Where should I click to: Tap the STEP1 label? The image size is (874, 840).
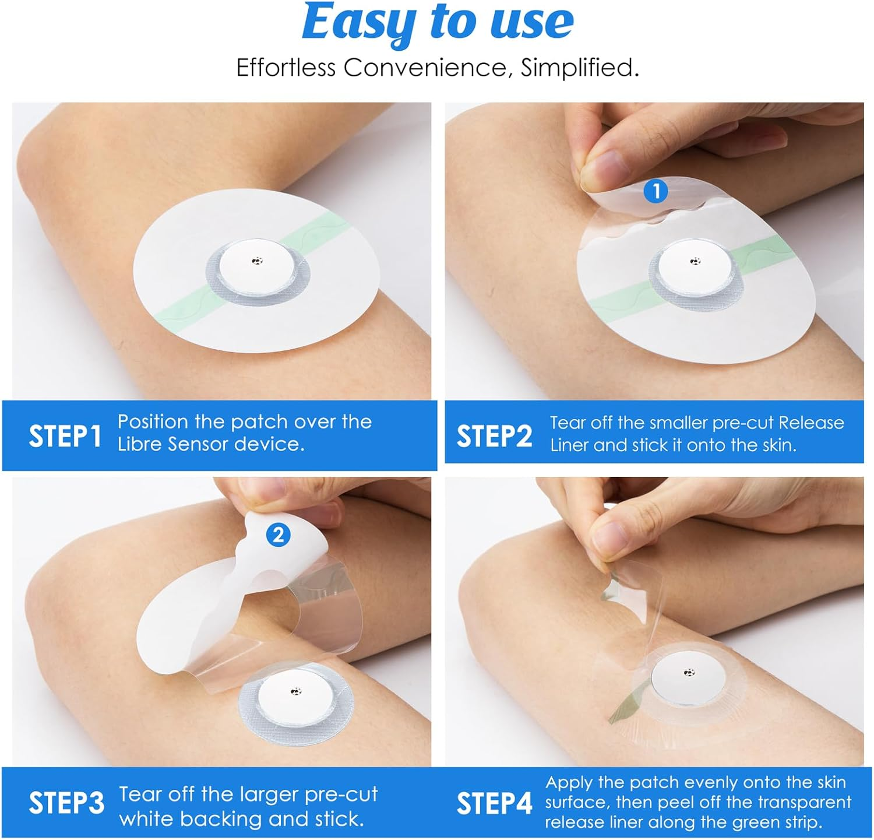65,436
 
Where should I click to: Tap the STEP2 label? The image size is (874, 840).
494,436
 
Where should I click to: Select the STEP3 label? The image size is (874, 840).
66,803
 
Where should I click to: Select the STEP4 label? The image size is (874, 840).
494,803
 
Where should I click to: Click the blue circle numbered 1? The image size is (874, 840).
656,191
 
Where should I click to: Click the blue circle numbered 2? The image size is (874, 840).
279,535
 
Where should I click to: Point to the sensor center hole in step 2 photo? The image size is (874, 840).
695,261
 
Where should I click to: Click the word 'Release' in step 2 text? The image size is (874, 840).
811,423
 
